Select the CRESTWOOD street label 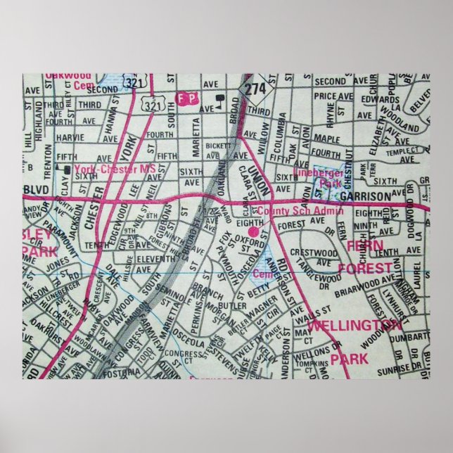click(317, 251)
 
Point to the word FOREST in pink click(364, 268)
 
